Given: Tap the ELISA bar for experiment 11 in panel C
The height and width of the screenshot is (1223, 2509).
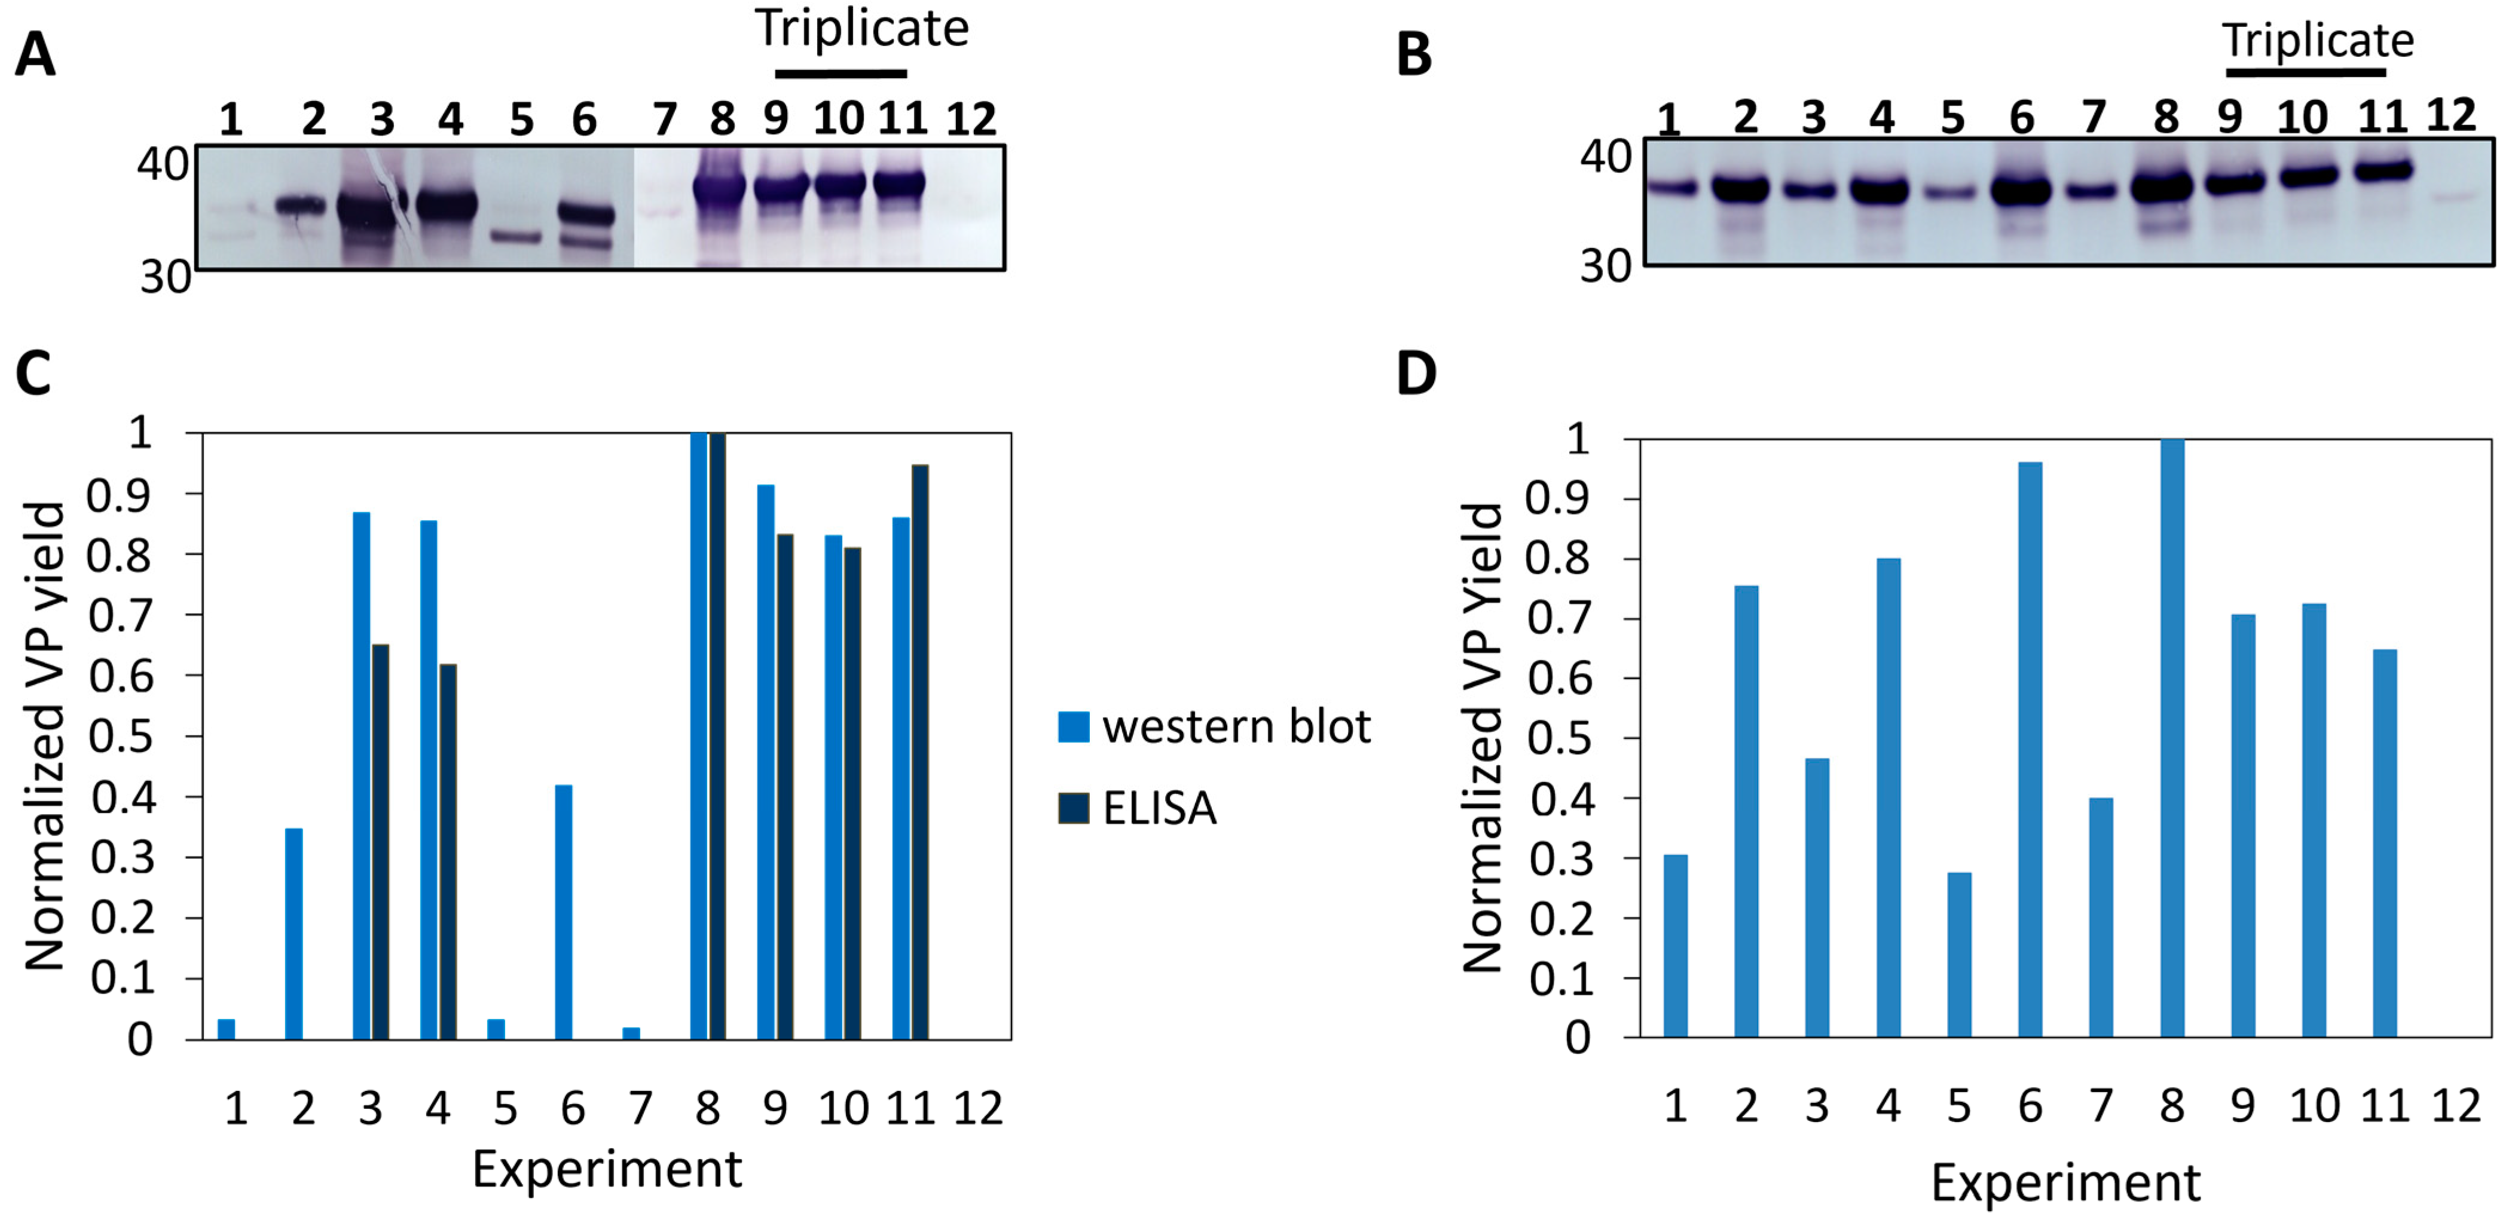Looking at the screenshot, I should (x=919, y=752).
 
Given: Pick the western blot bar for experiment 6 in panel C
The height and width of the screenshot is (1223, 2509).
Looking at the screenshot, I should (x=564, y=912).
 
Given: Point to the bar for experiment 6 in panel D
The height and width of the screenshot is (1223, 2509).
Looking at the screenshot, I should (x=2030, y=750).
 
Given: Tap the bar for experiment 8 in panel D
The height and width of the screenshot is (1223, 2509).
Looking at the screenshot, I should (x=2172, y=738).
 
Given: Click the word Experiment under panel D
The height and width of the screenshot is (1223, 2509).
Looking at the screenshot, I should (x=2065, y=1183).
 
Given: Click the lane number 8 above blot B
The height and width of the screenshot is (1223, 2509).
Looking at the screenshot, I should (x=2165, y=118).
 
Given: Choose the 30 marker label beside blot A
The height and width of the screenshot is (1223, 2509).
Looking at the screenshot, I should (x=164, y=277).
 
